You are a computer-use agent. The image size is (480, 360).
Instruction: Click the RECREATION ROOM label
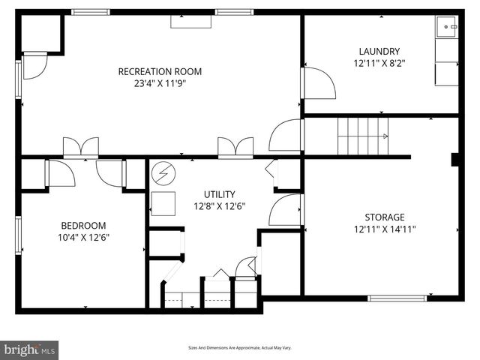(160, 72)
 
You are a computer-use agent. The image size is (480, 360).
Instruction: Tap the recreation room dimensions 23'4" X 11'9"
(160, 84)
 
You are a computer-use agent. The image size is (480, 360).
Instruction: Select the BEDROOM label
(83, 225)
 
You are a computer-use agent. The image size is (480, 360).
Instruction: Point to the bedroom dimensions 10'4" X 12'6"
(83, 237)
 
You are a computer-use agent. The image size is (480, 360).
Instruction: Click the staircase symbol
(362, 136)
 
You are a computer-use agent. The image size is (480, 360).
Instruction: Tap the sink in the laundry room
(447, 27)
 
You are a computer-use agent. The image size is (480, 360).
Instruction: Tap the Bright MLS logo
(30, 349)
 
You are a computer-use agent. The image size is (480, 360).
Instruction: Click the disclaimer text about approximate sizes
(239, 348)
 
